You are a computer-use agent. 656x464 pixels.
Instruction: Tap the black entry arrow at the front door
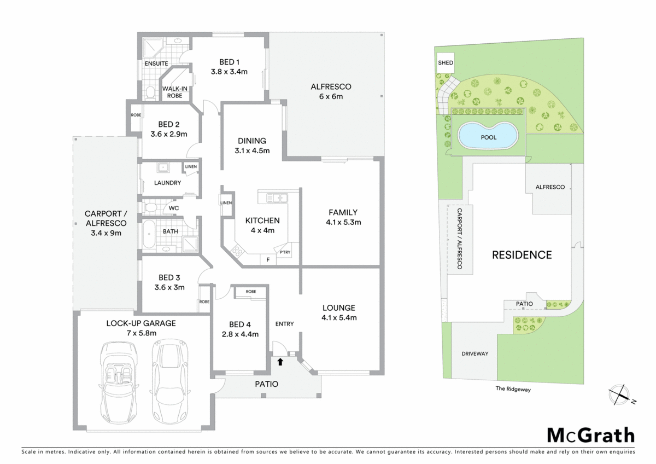pos(280,361)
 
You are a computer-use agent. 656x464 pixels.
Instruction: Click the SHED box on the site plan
pos(446,63)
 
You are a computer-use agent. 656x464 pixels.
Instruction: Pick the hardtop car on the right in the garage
pos(170,378)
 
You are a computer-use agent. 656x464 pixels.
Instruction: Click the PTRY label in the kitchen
pos(285,252)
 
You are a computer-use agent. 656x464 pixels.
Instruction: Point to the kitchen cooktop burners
pos(238,252)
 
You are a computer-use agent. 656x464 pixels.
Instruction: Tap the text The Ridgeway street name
pos(513,390)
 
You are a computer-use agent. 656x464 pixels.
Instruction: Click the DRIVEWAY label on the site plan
pos(475,353)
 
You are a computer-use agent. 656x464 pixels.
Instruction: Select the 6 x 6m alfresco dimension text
pos(331,97)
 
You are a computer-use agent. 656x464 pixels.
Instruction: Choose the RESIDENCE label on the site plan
pos(522,254)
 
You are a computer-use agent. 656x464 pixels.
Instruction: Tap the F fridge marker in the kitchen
pos(268,259)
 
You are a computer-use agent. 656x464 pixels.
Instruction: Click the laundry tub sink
pos(163,168)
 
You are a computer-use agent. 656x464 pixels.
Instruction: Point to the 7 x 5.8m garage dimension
pos(141,333)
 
